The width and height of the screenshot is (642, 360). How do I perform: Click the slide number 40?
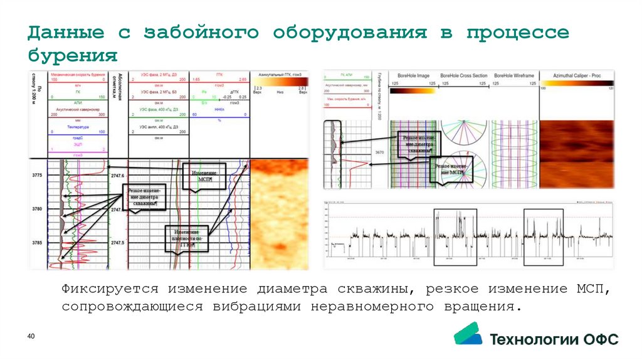point(30,338)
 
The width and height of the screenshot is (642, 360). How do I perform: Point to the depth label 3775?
point(36,175)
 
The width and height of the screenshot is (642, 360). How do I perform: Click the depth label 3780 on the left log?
point(36,208)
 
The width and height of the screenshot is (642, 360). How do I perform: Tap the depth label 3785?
point(36,242)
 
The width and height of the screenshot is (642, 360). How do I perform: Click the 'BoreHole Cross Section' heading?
point(463,75)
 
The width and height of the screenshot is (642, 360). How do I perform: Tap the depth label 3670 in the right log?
point(379,152)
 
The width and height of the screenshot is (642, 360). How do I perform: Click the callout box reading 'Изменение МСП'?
point(202,176)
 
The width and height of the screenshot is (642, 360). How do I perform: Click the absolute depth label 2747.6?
point(118,176)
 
